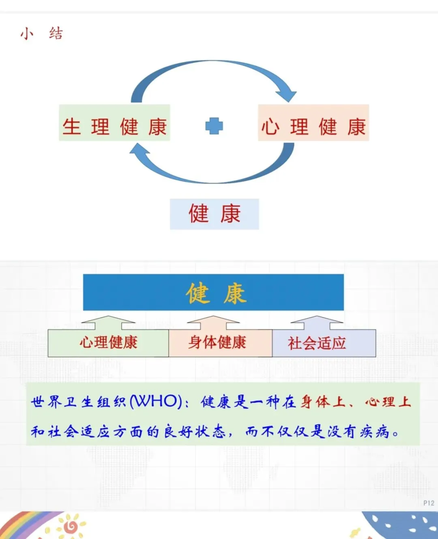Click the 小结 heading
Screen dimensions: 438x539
point(41,33)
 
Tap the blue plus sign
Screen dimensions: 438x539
point(214,126)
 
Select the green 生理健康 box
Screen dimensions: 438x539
point(114,123)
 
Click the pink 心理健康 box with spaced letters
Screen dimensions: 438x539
point(313,123)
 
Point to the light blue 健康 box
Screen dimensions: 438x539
point(214,214)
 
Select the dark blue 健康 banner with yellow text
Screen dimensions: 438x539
point(213,292)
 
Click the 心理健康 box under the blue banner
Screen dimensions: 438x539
point(108,343)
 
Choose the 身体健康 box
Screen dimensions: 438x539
point(220,343)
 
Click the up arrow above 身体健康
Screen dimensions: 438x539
point(213,322)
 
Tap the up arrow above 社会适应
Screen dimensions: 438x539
point(317,322)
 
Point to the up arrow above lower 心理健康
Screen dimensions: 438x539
point(108,322)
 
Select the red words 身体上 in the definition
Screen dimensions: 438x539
point(323,402)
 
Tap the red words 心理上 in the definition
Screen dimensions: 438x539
point(388,402)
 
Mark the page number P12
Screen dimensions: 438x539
point(428,503)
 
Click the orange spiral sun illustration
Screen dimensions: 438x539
point(71,526)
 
